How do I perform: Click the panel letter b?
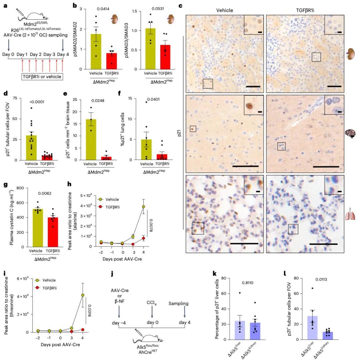tap(75, 6)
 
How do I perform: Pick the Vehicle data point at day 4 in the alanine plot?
tap(144, 207)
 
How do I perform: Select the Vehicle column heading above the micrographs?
tap(223, 10)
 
